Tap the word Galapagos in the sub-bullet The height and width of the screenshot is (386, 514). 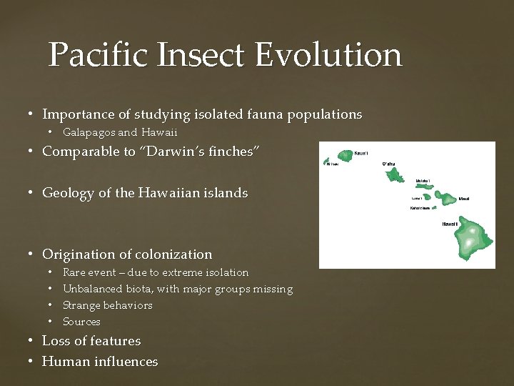[89, 132]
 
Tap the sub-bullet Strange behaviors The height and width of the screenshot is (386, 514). [107, 305]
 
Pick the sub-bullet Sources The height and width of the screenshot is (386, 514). [81, 322]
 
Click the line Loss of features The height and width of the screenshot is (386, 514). [91, 341]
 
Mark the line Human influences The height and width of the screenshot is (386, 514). [100, 362]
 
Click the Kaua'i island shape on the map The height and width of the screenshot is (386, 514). [345, 155]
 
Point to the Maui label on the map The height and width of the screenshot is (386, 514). [464, 199]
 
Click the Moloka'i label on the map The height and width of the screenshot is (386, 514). [423, 181]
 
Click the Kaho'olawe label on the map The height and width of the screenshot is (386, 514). [419, 209]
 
